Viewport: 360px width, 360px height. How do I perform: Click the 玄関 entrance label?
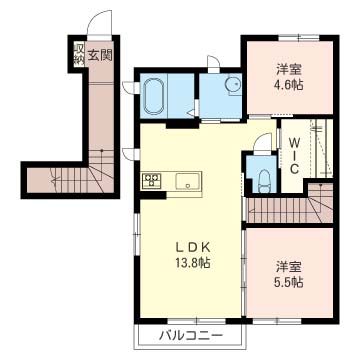98,54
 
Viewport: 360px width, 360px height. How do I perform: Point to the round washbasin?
232,86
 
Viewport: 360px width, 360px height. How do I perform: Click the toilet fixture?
262,181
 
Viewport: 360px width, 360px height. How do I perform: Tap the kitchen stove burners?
152,181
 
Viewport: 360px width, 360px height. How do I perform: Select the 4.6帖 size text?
290,86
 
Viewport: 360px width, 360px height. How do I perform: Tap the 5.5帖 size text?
290,284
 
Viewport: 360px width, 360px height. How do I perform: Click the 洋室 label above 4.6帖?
290,69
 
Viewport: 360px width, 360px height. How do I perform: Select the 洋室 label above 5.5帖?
290,267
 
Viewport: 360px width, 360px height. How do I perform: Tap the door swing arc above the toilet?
259,142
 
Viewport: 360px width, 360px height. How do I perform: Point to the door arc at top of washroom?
213,67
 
